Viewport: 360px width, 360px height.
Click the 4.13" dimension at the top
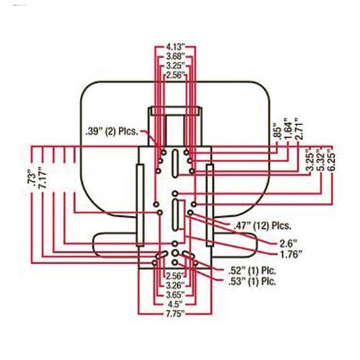(176, 46)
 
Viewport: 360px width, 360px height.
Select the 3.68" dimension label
(176, 57)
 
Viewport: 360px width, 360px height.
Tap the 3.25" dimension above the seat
(176, 66)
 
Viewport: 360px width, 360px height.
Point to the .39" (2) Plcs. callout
(112, 132)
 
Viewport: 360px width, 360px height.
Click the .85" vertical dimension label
(277, 131)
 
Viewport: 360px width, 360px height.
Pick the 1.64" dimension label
(288, 128)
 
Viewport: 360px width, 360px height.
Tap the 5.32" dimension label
(321, 161)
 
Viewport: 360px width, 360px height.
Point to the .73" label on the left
(32, 179)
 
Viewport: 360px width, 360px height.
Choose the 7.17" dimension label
(42, 177)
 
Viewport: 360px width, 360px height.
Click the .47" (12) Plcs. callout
(262, 225)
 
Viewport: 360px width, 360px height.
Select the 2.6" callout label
(289, 244)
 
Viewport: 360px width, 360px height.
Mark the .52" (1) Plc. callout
(252, 271)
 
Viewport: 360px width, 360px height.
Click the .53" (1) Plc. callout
(252, 282)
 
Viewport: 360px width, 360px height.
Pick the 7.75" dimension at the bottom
(175, 314)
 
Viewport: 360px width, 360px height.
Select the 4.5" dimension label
(175, 305)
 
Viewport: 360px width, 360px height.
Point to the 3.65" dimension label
(175, 294)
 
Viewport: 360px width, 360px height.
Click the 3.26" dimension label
(175, 285)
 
